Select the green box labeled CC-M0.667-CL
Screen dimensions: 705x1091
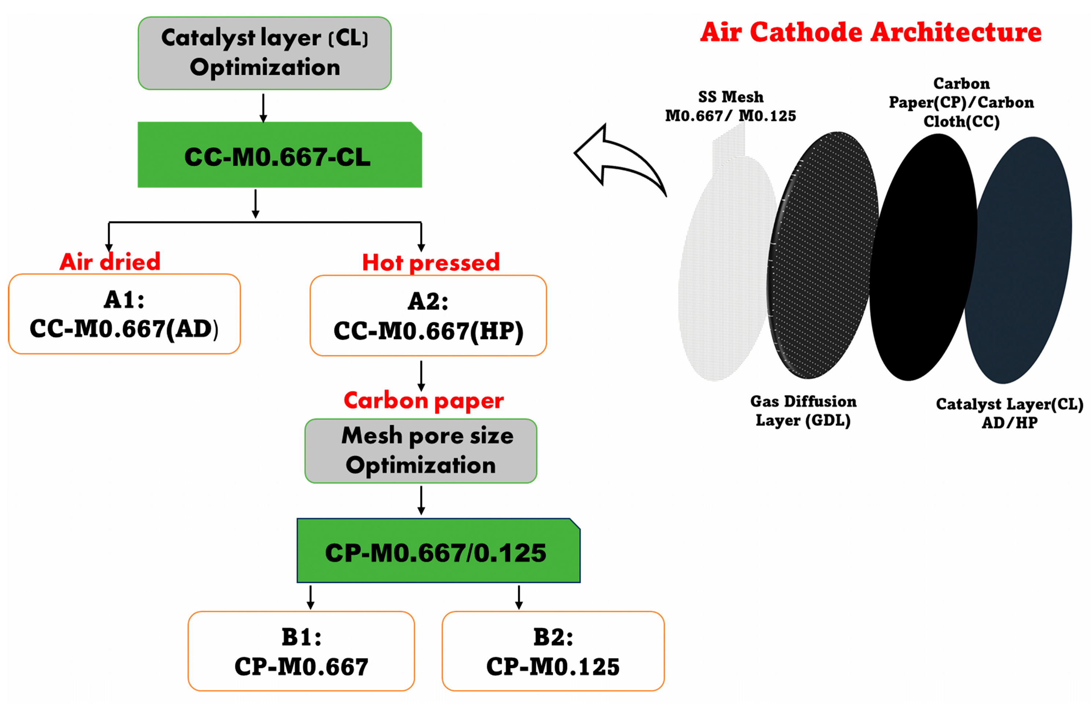[x=279, y=156]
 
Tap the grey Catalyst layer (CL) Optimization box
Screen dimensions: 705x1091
[x=265, y=53]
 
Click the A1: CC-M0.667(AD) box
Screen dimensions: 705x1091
[x=124, y=315]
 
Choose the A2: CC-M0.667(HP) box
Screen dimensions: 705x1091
[x=428, y=316]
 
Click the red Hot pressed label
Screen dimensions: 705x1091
[x=431, y=263]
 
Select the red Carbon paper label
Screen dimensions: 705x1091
[x=424, y=401]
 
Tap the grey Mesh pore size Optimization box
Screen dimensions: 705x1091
[x=421, y=451]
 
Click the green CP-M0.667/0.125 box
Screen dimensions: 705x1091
[x=438, y=551]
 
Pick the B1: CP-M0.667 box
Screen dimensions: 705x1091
[x=301, y=651]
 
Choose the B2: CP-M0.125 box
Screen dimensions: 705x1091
[x=553, y=651]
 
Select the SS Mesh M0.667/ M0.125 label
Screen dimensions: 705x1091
[x=730, y=106]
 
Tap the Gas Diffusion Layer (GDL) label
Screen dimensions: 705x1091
[x=803, y=411]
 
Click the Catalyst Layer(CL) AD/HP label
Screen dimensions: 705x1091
[x=1009, y=413]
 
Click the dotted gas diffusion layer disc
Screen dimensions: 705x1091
[x=822, y=256]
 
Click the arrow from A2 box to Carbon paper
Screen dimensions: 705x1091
[x=421, y=375]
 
